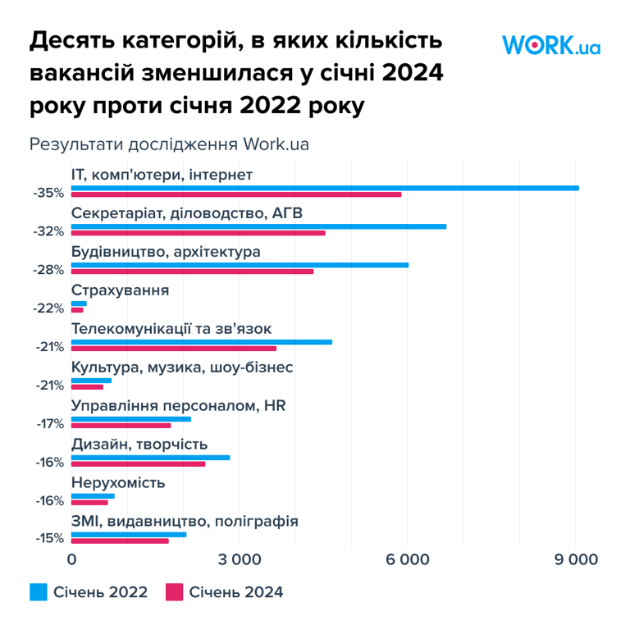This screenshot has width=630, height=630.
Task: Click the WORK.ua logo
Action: pos(550,44)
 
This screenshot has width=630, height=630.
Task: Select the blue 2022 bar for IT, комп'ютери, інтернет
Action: pos(325,188)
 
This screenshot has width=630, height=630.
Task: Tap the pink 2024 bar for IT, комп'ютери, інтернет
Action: pos(236,194)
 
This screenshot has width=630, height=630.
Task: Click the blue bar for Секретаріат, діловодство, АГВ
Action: pos(259,226)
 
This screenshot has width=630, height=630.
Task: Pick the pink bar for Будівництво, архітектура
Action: pos(193,272)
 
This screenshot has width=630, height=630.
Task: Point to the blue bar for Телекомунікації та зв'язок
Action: pos(202,342)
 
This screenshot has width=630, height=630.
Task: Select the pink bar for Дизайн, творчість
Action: pos(139,464)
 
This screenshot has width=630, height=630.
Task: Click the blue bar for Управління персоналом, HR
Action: pos(131,419)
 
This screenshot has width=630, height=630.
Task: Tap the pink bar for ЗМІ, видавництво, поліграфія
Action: pos(120,541)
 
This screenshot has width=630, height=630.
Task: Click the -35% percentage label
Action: pos(48,193)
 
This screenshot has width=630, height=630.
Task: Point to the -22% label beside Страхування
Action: pos(48,308)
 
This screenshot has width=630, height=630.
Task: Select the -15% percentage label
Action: pos(48,539)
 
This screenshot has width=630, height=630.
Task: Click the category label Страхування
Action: pos(121,290)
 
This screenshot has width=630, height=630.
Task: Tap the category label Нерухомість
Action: pos(119,482)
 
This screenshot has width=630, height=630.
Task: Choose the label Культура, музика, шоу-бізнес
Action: pos(182,367)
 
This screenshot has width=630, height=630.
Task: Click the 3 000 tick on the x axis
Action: pos(240,559)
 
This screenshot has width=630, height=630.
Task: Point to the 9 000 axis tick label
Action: pos(575,559)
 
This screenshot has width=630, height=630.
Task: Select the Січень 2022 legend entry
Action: pos(89,592)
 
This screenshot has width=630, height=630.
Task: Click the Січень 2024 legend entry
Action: pos(224,592)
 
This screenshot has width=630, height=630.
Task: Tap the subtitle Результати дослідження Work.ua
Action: pos(169,144)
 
